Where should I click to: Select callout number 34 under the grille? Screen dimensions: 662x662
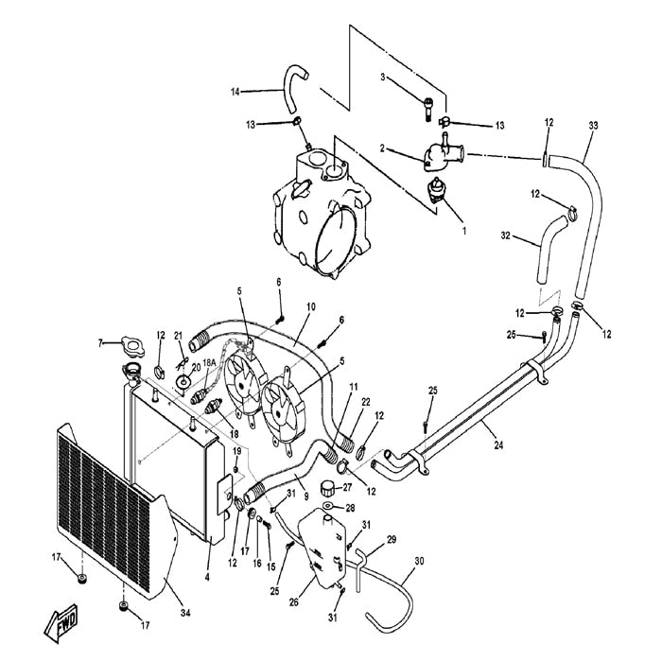[186, 614]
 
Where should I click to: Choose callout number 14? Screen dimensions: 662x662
[235, 91]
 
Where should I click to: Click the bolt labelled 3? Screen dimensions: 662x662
[430, 113]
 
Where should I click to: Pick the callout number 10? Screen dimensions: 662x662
[310, 307]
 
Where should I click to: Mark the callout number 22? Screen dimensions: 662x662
[365, 402]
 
